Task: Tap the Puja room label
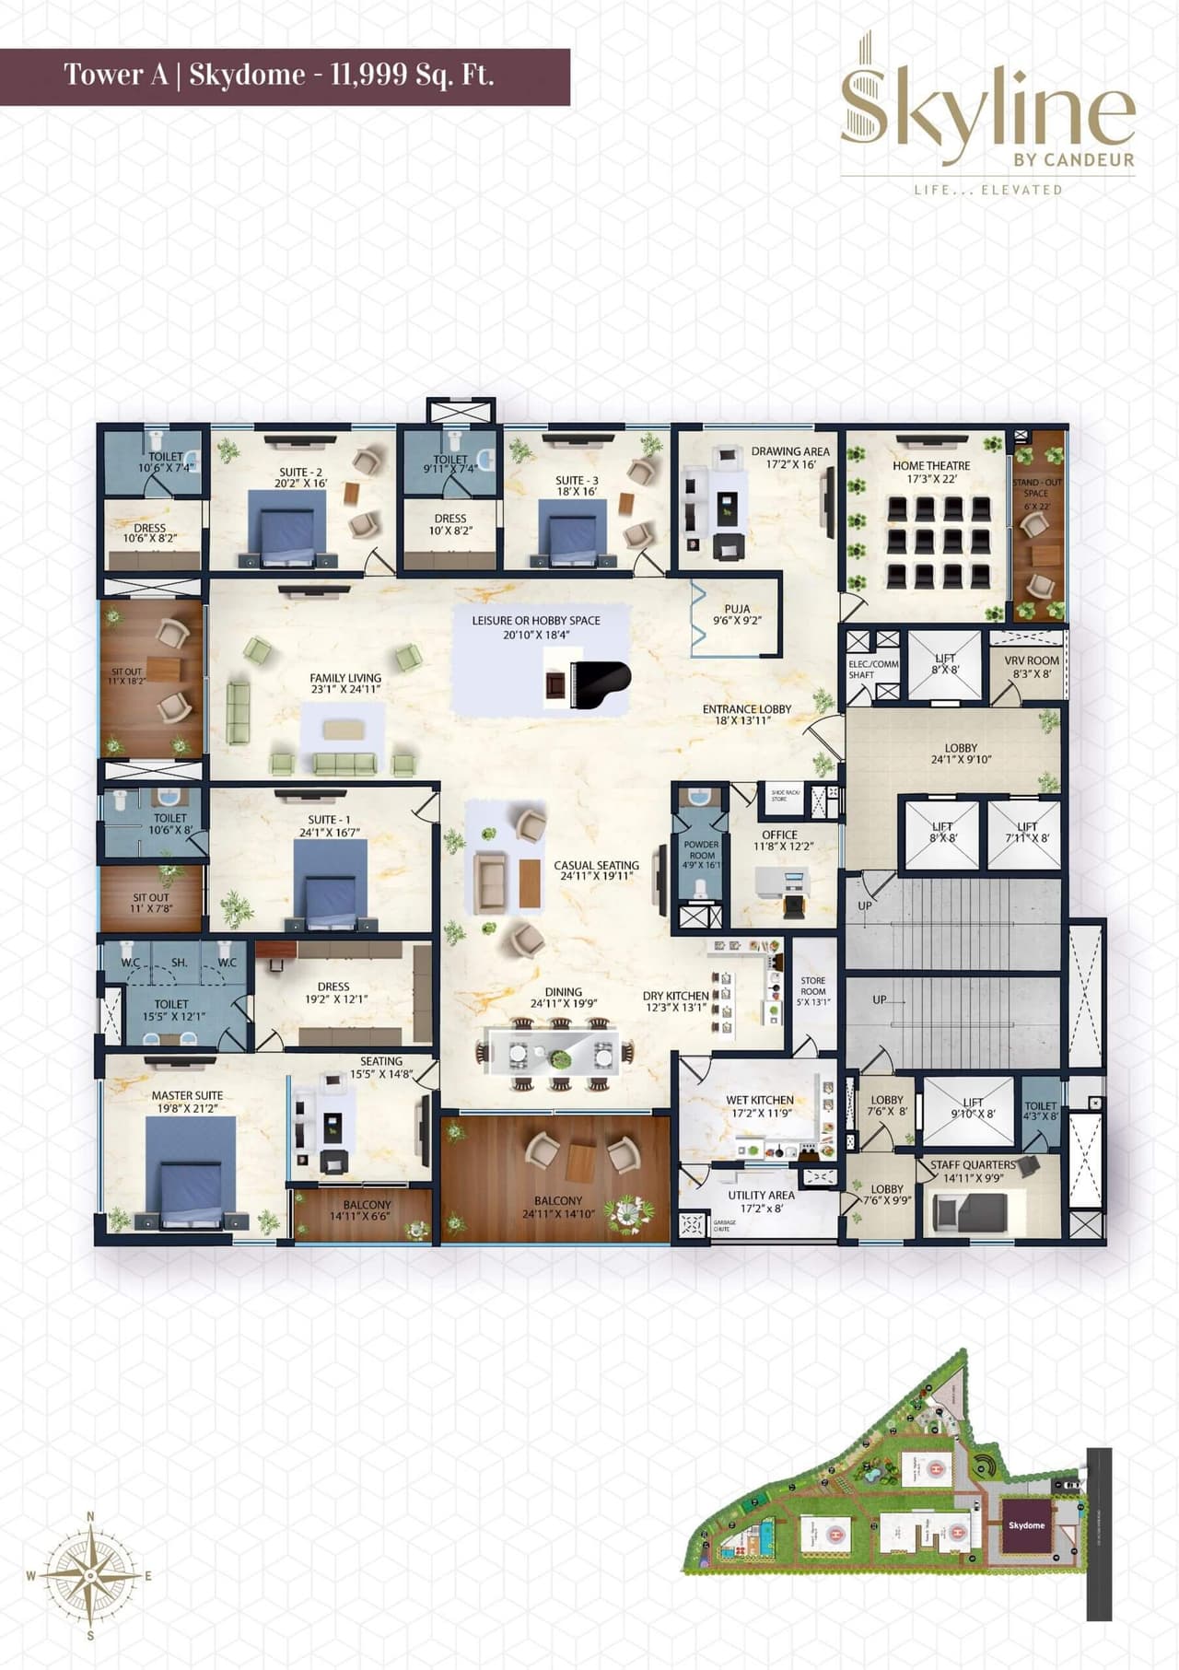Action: coord(737,614)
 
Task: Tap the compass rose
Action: coord(89,1576)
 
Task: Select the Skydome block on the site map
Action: coord(1026,1524)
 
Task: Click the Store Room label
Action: coord(812,990)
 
